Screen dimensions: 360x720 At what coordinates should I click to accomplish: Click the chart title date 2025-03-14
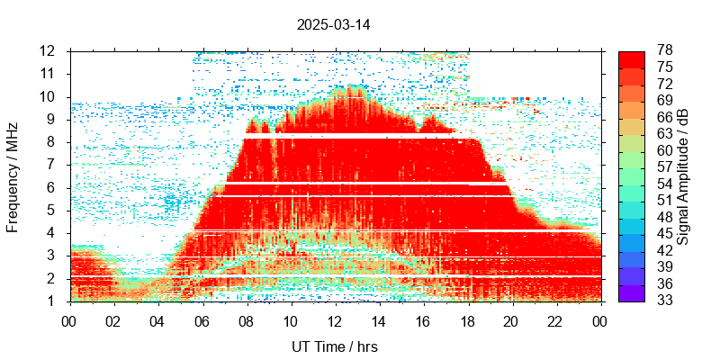point(333,25)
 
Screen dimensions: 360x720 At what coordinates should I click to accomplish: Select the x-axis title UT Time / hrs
point(334,346)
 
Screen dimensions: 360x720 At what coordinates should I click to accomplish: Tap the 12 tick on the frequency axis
point(49,50)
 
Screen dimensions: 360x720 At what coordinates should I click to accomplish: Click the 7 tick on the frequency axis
point(53,165)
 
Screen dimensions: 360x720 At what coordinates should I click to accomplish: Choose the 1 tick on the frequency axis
point(53,301)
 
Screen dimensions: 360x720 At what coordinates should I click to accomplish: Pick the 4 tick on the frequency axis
point(53,233)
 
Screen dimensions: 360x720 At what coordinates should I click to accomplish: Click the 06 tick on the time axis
point(202,321)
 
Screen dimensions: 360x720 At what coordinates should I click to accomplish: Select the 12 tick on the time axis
point(334,321)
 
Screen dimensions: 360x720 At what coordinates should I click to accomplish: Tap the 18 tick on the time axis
point(467,321)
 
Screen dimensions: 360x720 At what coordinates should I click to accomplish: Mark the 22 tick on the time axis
point(555,321)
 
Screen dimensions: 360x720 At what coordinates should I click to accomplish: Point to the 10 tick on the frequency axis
point(49,96)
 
